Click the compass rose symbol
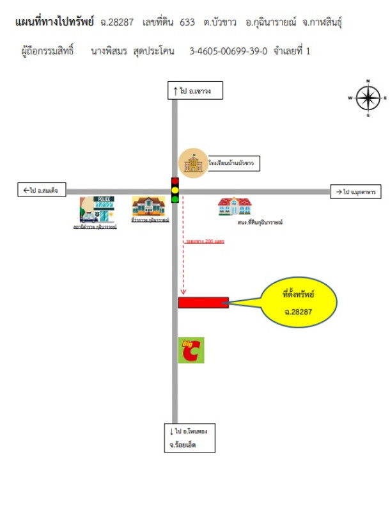tap(368, 98)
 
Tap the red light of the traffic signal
tap(175, 182)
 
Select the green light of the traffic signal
tap(175, 199)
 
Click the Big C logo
tap(191, 350)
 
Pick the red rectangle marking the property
tap(203, 302)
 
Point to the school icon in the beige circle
tap(191, 163)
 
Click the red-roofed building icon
tap(235, 206)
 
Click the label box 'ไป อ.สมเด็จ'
tap(40, 190)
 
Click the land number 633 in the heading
tap(187, 22)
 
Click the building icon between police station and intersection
tap(149, 207)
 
